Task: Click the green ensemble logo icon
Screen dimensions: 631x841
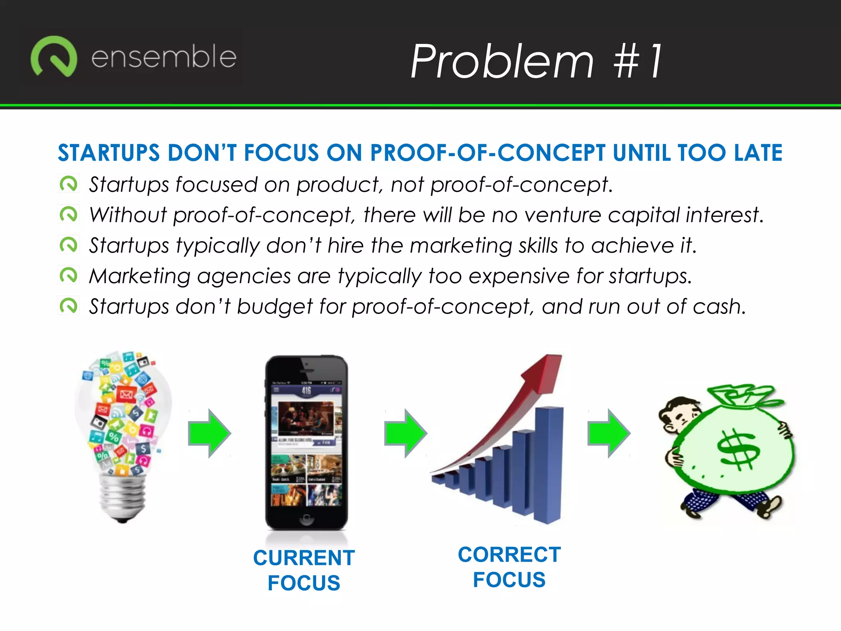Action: coord(53,57)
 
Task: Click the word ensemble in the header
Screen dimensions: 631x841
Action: coord(163,57)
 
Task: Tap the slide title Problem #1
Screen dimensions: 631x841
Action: coord(536,62)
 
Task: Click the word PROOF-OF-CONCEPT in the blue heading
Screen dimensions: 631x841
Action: coord(487,153)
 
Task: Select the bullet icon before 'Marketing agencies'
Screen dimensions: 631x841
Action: coord(68,275)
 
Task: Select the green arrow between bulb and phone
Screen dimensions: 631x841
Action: coord(209,433)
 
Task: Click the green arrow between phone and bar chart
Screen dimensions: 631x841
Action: coord(406,433)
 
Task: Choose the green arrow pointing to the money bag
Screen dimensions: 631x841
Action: coord(609,433)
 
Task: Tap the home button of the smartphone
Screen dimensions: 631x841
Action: coord(306,520)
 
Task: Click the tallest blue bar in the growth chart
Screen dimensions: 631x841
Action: coord(549,464)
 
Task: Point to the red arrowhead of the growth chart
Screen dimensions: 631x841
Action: coord(545,372)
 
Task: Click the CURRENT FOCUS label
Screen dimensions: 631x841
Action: coord(304,570)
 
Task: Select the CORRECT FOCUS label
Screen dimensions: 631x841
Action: coord(509,567)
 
